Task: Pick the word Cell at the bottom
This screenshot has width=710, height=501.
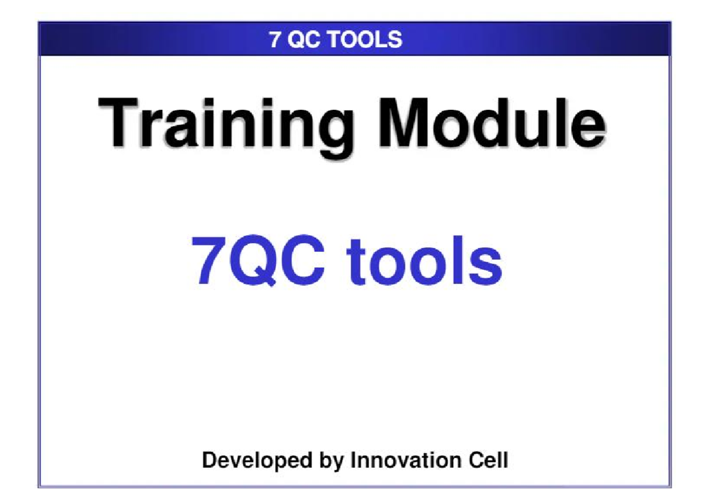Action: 487,460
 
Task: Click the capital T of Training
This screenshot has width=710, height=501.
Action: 121,123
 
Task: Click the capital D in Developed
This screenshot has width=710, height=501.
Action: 209,460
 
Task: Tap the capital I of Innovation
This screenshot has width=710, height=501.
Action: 353,460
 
